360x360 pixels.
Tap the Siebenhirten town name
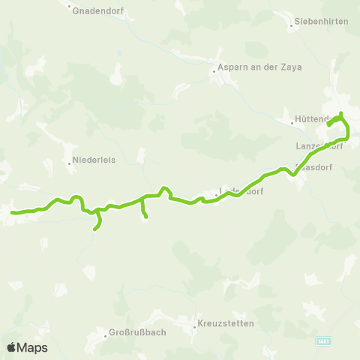point(322,22)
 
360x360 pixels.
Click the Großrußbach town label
point(136,332)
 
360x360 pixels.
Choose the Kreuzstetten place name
point(226,324)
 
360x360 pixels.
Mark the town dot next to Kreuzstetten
point(196,325)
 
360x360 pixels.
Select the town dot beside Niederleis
point(69,160)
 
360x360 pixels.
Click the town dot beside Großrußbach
point(106,333)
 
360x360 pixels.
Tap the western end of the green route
point(12,213)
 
